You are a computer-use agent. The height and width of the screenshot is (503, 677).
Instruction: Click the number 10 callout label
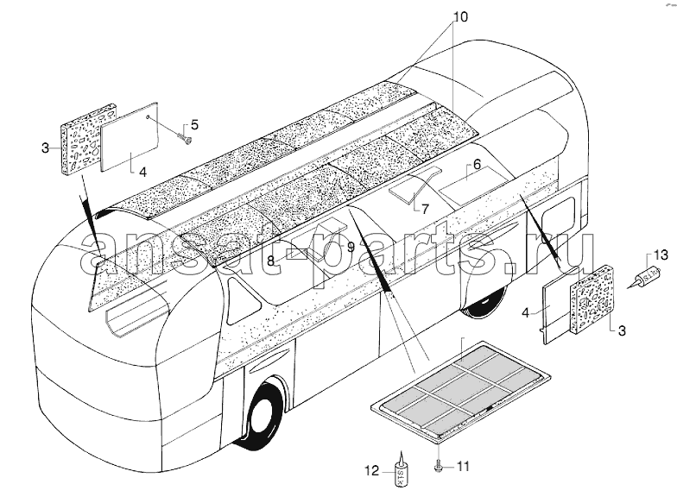click(460, 17)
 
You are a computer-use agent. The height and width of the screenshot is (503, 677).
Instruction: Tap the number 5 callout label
click(195, 125)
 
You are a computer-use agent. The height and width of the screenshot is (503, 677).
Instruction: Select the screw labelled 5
click(185, 138)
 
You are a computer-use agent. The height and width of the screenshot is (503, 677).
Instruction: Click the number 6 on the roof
click(477, 164)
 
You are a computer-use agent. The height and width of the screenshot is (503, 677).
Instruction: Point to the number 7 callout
click(425, 209)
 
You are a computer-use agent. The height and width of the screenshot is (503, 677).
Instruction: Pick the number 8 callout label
click(271, 261)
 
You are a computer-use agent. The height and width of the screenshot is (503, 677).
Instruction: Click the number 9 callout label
click(351, 247)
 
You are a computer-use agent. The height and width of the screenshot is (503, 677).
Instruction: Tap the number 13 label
click(660, 255)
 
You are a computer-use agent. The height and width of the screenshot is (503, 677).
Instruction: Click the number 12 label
click(371, 471)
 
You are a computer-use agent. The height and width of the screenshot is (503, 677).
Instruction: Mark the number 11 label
click(463, 466)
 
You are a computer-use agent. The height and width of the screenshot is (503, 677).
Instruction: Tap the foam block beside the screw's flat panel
click(88, 139)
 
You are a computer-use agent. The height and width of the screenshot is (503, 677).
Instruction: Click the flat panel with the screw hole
click(130, 136)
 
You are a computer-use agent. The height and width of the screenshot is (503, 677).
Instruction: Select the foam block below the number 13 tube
click(591, 299)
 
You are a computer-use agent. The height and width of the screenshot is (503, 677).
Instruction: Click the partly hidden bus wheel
click(484, 305)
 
